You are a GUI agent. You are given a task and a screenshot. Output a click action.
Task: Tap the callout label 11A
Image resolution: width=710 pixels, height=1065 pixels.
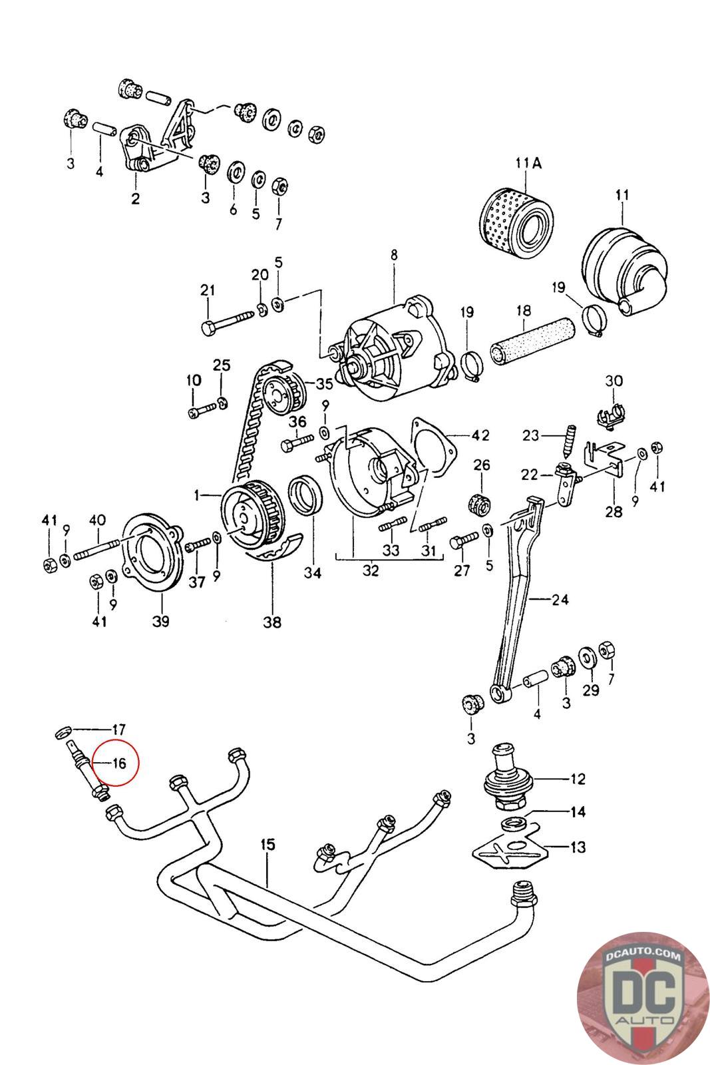pyautogui.click(x=528, y=164)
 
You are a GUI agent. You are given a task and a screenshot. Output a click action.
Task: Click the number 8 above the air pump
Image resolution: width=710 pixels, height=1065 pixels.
pyautogui.click(x=394, y=255)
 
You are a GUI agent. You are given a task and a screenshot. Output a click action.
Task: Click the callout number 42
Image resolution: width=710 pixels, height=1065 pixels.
pyautogui.click(x=480, y=435)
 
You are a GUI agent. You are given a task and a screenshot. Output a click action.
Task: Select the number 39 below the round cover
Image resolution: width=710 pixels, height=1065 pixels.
pyautogui.click(x=160, y=621)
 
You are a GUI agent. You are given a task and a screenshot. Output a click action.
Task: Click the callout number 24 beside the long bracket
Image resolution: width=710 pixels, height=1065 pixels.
pyautogui.click(x=560, y=600)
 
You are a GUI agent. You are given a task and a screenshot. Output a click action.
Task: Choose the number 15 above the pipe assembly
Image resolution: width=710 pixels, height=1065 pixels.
pyautogui.click(x=268, y=845)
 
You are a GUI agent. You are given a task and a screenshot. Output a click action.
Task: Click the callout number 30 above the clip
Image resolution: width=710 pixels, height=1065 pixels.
pyautogui.click(x=614, y=381)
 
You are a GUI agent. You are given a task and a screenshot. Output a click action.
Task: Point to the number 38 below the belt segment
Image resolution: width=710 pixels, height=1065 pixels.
pyautogui.click(x=272, y=622)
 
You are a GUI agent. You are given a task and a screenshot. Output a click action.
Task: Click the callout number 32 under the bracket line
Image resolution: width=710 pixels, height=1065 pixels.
pyautogui.click(x=371, y=570)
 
